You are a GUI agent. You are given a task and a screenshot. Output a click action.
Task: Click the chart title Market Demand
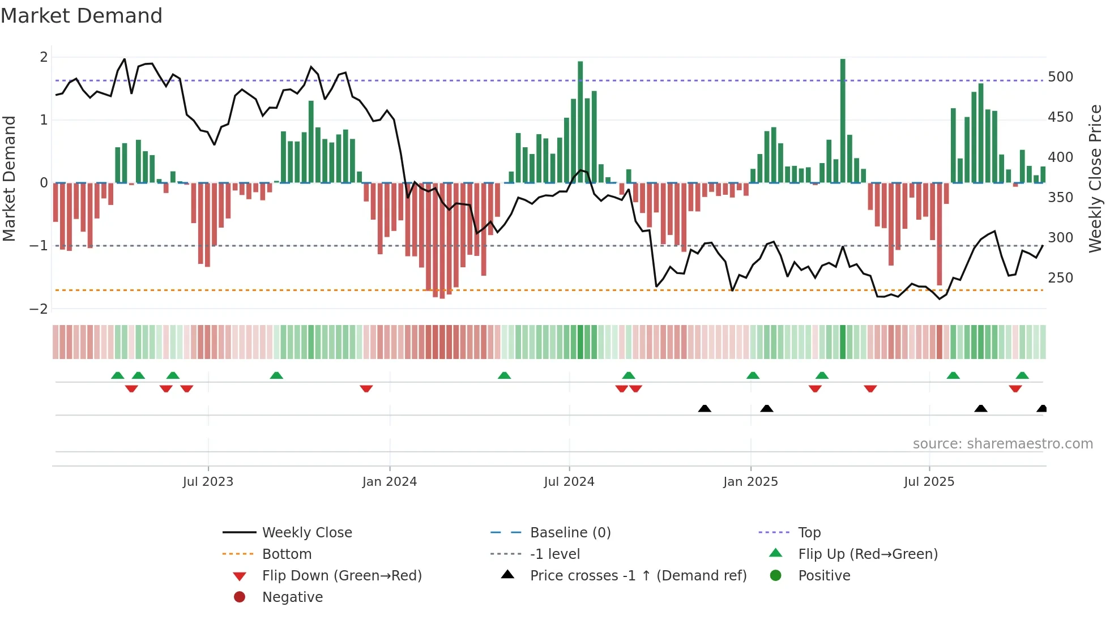pos(82,16)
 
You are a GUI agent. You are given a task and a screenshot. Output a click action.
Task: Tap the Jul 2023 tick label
pos(208,482)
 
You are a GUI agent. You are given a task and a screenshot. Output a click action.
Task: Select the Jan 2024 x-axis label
pos(390,482)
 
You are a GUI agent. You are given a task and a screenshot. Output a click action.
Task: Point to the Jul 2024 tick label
pos(569,482)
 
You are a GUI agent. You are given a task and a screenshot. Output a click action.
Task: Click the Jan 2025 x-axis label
pos(750,482)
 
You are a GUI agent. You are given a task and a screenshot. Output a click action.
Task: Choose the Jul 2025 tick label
pos(929,482)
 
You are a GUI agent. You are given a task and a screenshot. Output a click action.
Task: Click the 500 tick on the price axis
pos(1060,77)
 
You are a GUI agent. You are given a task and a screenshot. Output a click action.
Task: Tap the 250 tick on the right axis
pos(1060,278)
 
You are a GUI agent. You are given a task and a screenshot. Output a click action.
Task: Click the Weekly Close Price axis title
pos(1095,178)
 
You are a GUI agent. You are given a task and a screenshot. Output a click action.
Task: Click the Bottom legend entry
pos(287,554)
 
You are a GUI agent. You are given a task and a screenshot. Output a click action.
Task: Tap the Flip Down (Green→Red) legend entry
pos(341,576)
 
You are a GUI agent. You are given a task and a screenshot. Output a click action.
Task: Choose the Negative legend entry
pos(292,597)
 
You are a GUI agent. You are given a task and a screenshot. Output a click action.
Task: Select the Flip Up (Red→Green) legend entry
pos(868,554)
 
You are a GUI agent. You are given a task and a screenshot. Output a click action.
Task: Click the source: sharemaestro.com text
pos(1002,444)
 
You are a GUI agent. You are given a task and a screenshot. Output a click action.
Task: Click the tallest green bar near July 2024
pos(580,122)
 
